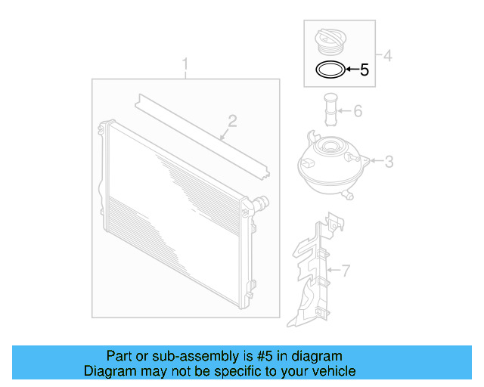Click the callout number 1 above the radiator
click(x=185, y=64)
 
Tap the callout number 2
click(x=232, y=121)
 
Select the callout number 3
click(x=389, y=162)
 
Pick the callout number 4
click(x=387, y=56)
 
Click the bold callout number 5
click(x=365, y=70)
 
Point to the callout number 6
click(x=358, y=111)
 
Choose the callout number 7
click(x=346, y=271)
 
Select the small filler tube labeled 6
click(x=330, y=110)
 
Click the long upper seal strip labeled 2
click(x=202, y=136)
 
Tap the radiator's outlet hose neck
click(x=261, y=203)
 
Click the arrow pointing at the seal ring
click(x=352, y=69)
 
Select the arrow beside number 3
click(x=377, y=160)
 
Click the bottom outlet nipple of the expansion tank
click(x=348, y=195)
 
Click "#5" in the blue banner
click(x=265, y=356)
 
